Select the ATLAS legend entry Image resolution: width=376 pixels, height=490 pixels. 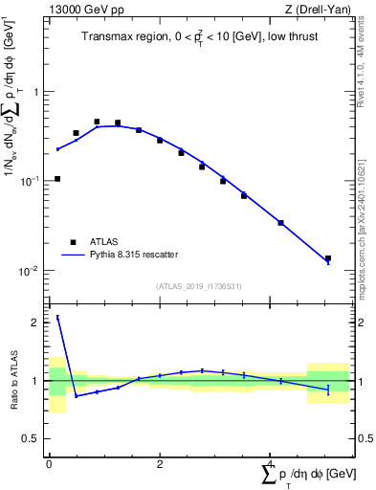pos(91,242)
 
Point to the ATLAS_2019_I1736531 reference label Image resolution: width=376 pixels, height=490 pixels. pos(199,286)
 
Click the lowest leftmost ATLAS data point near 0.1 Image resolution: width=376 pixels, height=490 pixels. pos(57,179)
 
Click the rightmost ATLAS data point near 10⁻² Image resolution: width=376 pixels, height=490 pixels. pos(328,258)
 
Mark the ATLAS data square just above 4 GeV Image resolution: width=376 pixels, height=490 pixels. pos(280,223)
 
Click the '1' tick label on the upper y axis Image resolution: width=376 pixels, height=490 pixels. pos(37,93)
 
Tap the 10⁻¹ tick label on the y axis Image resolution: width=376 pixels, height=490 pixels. pos(33,181)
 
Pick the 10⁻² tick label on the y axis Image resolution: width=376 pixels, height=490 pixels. pos(33,271)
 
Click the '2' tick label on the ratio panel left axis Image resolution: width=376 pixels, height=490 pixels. pos(37,323)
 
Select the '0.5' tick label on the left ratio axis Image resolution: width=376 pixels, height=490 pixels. pos(33,438)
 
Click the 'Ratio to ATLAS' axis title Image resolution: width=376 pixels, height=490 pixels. pos(13,380)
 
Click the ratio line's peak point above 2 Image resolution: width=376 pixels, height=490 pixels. pos(57,317)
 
